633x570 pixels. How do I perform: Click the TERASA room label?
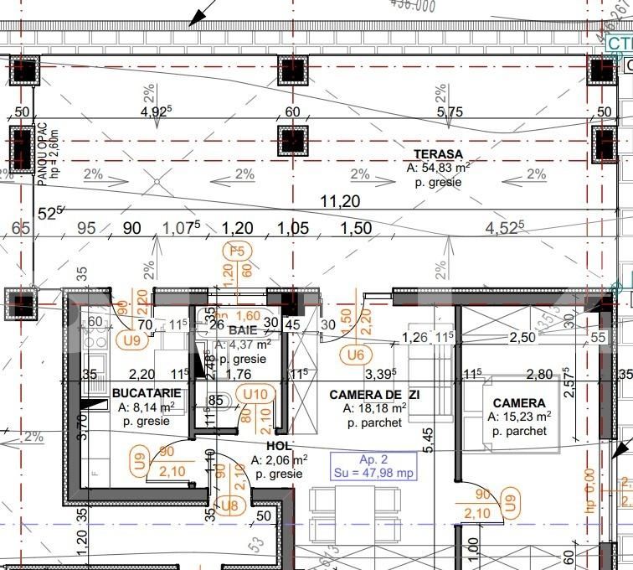[x=438, y=154]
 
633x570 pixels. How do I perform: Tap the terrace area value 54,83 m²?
[x=438, y=168]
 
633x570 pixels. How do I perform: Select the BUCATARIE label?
[x=146, y=392]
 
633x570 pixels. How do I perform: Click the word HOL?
[x=279, y=446]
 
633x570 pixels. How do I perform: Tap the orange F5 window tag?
[x=237, y=250]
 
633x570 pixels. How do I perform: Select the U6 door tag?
[x=358, y=355]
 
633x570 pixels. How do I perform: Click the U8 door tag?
[x=229, y=505]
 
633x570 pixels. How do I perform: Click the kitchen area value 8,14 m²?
[x=146, y=407]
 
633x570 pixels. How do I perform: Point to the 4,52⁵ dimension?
[x=504, y=228]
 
